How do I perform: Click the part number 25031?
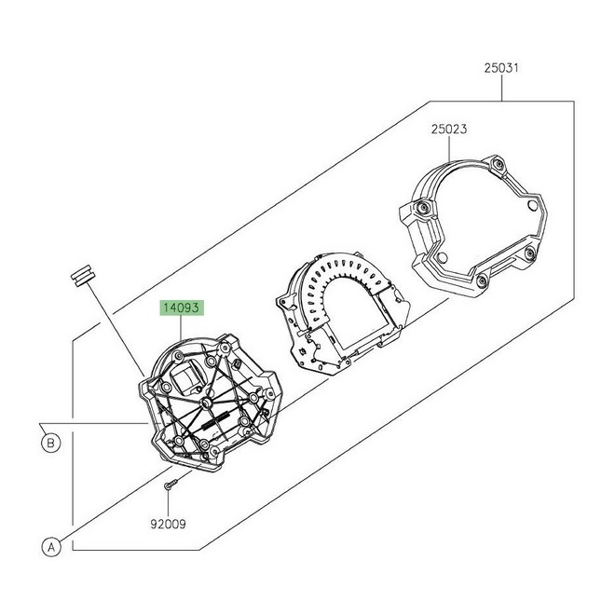501,68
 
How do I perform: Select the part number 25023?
449,129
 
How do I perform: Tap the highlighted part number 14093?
182,307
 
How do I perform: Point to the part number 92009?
168,524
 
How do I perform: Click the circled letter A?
51,547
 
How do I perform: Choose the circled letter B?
50,444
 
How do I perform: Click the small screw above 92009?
171,484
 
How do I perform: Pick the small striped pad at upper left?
82,275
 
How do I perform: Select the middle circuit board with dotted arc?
343,312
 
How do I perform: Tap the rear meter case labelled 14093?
210,402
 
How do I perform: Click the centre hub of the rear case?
206,403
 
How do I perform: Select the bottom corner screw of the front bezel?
482,280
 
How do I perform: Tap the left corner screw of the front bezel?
423,208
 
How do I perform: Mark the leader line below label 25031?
502,89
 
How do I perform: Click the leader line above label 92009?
168,503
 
